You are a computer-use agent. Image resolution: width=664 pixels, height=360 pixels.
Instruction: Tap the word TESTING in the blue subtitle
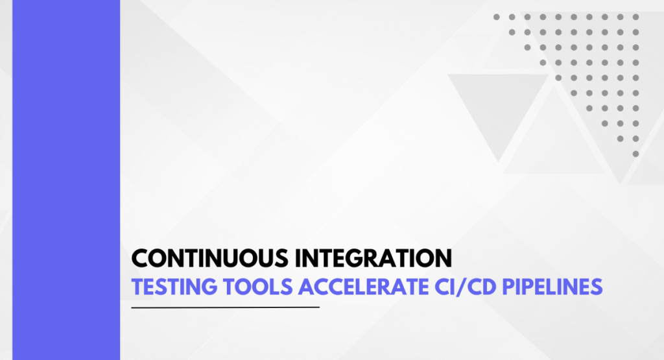174,287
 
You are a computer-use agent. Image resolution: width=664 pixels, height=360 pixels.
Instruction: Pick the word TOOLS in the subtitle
258,287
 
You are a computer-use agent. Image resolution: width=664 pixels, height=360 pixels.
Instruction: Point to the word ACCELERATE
364,287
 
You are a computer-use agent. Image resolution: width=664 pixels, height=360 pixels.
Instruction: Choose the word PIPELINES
552,287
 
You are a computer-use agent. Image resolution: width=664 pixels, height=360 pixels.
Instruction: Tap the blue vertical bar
66,180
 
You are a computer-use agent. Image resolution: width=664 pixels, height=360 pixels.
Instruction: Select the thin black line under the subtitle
225,307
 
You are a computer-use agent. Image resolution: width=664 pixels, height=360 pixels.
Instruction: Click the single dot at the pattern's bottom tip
635,154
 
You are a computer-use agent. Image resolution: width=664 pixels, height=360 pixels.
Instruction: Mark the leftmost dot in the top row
497,17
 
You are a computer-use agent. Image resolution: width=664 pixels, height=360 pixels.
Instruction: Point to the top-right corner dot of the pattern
635,17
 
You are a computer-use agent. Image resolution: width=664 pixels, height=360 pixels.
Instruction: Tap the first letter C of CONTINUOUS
140,258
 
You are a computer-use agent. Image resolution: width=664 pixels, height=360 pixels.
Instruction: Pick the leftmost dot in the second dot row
512,32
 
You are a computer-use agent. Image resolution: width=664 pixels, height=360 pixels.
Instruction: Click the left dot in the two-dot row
621,139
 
